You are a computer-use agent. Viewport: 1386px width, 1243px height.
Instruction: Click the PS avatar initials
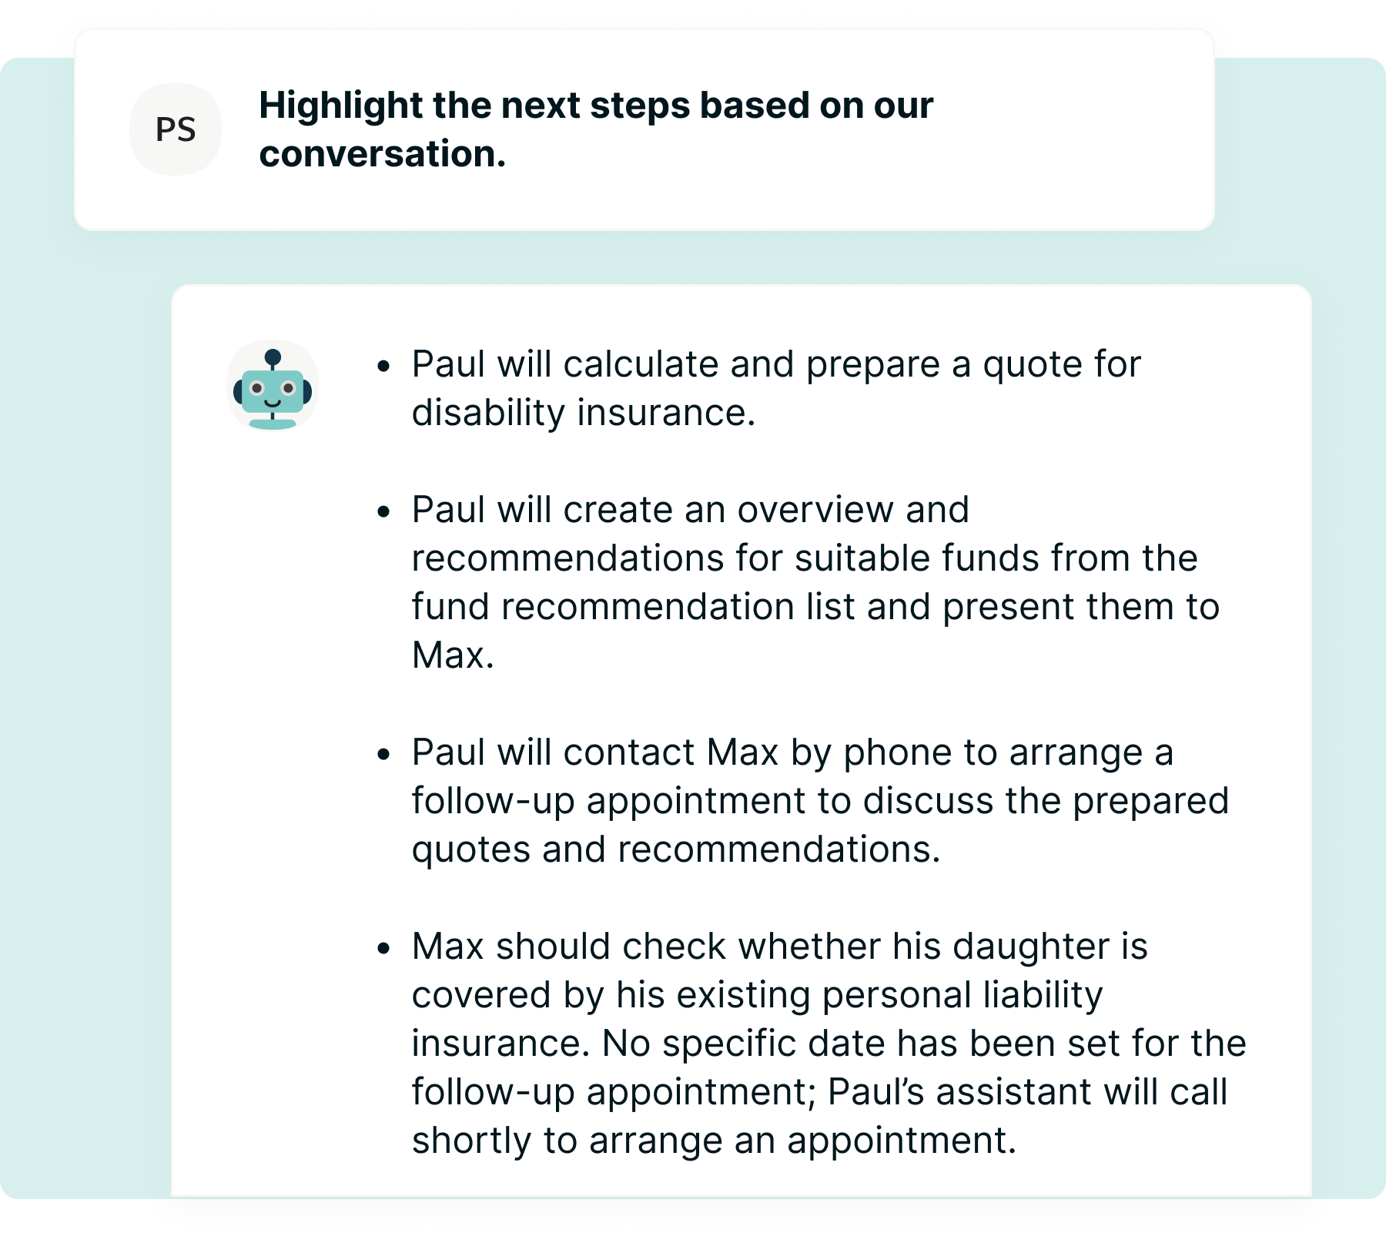(176, 129)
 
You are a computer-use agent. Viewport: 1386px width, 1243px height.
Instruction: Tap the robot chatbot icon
(273, 387)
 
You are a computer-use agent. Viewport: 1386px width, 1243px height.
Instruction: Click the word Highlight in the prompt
(340, 106)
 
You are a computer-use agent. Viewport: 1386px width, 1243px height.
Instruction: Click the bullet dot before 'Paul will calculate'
(384, 367)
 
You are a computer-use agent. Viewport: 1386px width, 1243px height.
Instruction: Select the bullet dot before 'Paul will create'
(384, 512)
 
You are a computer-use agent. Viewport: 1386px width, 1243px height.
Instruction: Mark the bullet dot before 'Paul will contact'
(384, 755)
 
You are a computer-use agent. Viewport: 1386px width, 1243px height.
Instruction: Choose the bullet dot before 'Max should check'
(384, 949)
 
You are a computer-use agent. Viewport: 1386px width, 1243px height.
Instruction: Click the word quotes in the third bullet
(471, 849)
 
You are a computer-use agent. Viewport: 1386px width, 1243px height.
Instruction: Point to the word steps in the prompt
(638, 106)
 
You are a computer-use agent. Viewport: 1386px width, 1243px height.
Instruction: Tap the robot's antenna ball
(273, 357)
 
